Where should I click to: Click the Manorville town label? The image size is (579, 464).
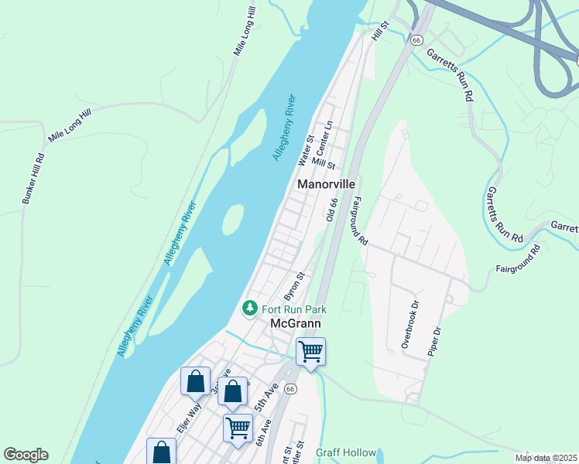click(327, 185)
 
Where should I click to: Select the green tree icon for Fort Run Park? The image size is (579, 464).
click(249, 308)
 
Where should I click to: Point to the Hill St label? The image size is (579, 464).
click(379, 32)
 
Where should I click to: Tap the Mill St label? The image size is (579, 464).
click(324, 164)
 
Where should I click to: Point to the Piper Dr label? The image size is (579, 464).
click(434, 341)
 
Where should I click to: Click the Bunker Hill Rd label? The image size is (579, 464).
click(33, 179)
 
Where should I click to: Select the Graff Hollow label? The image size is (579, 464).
click(346, 452)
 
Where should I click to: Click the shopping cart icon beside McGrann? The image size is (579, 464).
click(310, 352)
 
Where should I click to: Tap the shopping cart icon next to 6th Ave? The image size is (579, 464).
click(238, 426)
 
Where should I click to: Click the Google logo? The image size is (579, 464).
click(26, 455)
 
